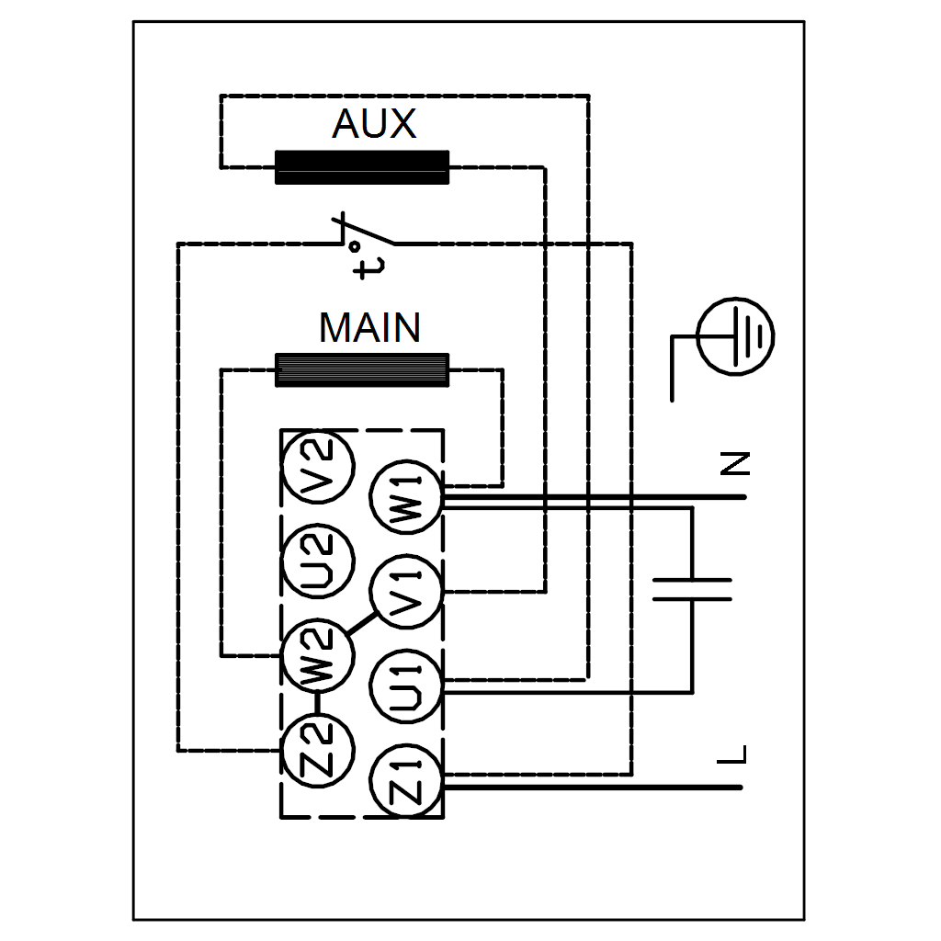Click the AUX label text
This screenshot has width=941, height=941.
[374, 124]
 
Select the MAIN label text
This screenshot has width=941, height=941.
[369, 328]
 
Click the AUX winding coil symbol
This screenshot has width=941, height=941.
[362, 167]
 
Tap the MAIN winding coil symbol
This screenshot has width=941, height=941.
[362, 369]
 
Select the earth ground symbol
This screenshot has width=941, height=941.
[734, 336]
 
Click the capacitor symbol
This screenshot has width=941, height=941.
[692, 589]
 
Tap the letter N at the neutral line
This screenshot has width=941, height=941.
[735, 463]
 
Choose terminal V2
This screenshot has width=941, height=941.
[317, 469]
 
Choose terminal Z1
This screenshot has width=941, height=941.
[406, 780]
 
